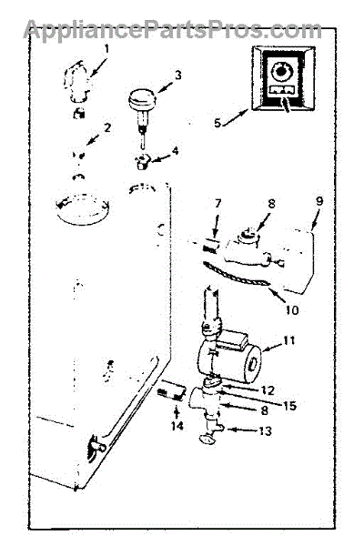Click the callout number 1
click(106, 49)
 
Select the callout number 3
click(178, 75)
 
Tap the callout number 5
click(217, 123)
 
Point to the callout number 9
click(319, 201)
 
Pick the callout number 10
click(292, 310)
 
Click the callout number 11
click(289, 340)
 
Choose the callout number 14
click(177, 426)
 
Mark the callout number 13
click(265, 430)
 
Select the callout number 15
click(289, 406)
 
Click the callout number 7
click(218, 203)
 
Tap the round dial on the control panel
click(279, 71)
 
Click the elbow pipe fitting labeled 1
click(78, 82)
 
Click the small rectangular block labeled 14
click(171, 390)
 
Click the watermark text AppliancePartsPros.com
click(173, 30)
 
